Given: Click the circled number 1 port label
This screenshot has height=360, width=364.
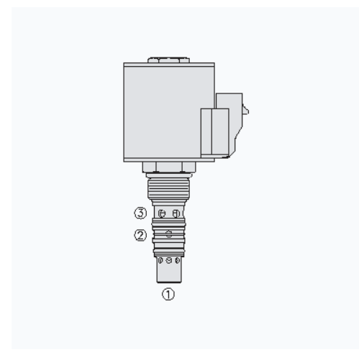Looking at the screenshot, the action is click(x=168, y=294).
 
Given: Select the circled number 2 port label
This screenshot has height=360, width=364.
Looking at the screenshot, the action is click(x=140, y=235).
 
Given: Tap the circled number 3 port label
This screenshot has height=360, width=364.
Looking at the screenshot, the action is click(x=140, y=213).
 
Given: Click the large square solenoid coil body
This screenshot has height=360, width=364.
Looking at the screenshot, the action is click(x=162, y=112).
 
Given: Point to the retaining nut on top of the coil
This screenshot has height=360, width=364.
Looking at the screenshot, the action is click(x=168, y=60).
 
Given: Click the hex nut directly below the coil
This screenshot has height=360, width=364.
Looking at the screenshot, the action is click(x=169, y=167).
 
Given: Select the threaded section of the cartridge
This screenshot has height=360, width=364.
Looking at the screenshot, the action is click(x=168, y=189).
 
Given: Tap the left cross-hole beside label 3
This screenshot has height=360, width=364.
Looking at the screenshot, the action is click(x=162, y=213).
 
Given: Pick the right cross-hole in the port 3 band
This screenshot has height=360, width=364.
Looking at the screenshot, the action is click(x=176, y=213).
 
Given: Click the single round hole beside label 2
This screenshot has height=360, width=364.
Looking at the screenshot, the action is click(x=169, y=234).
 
